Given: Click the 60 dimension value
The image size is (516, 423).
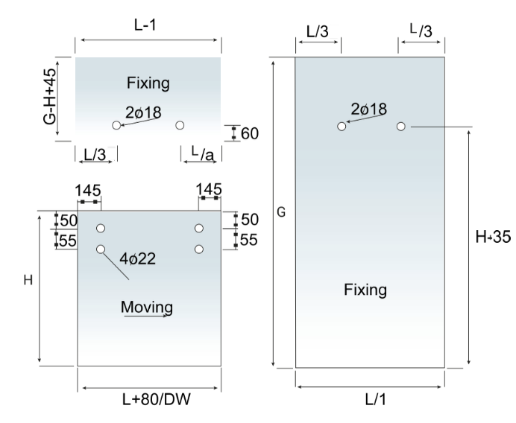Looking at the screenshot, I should point(250,134).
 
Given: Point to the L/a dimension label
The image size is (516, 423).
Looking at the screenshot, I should point(202,154).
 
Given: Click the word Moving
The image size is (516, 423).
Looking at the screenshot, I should point(147,306).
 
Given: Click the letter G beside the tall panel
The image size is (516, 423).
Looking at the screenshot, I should point(281,212).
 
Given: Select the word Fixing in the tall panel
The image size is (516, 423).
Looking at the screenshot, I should point(365,289).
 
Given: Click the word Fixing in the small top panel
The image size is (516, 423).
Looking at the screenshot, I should point(148,82).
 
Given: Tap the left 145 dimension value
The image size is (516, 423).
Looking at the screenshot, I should point(89,191).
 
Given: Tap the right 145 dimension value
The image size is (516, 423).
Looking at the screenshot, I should point(209,191).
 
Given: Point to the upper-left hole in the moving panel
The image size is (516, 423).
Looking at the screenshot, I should point(101,228).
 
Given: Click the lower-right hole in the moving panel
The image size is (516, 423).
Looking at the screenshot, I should point(199,249).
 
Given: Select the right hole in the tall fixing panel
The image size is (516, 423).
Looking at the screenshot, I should point(401,127).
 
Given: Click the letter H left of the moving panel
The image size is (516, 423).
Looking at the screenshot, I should point(28,280).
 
